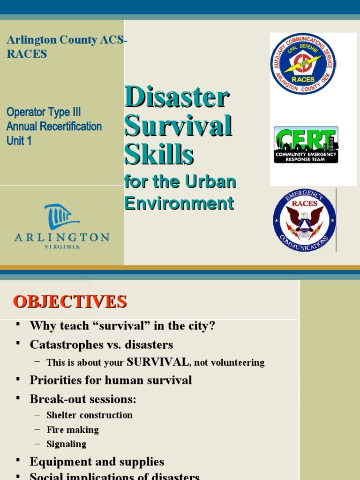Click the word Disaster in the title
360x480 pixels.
coord(177,97)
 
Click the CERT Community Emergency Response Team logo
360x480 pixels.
coord(306,145)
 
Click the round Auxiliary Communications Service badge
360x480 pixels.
coord(303,63)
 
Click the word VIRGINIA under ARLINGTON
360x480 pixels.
coord(61,247)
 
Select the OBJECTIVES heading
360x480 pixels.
coord(69,301)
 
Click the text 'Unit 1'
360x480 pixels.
coord(19,141)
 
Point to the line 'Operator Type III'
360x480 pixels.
coord(44,112)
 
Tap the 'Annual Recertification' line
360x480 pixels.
coord(54,127)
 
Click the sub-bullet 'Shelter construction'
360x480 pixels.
coord(89,415)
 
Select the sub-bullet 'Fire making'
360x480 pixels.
coord(73,429)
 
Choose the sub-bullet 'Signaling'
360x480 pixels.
coord(66,444)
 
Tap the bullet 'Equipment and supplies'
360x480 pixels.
coord(97,462)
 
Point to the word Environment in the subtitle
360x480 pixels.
coord(179,203)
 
